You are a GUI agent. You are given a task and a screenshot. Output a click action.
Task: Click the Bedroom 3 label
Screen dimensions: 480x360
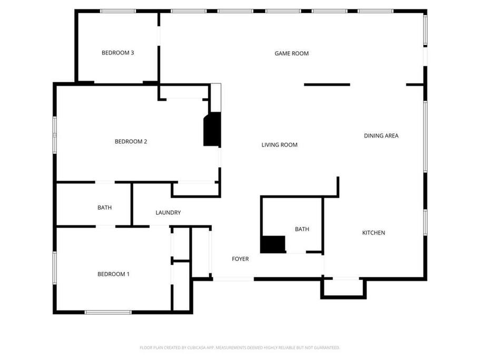tap(118, 53)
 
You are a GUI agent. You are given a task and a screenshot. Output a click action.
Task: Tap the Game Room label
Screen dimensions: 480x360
tap(291, 53)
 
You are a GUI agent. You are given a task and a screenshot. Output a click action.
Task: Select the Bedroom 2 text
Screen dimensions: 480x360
tap(131, 141)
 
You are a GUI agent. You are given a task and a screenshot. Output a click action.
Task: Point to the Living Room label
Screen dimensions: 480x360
tap(279, 145)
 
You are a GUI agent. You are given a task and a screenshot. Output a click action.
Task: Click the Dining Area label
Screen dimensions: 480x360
tap(381, 135)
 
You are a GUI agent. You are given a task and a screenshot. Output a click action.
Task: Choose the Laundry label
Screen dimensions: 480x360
tap(168, 212)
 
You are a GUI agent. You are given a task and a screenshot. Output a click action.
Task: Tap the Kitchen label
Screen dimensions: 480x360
tap(374, 232)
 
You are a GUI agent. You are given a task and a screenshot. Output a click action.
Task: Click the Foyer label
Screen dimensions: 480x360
tap(240, 259)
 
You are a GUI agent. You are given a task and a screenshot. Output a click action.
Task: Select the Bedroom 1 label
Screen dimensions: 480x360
tap(113, 274)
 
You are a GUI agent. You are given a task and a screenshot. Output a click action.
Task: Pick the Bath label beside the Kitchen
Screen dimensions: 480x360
tap(302, 229)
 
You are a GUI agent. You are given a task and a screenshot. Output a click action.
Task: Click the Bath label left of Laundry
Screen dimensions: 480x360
tap(104, 208)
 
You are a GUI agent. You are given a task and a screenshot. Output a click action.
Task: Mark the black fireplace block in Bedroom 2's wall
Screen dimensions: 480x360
tap(212, 129)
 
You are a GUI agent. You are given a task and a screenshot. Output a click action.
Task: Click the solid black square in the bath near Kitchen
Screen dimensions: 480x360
tap(273, 244)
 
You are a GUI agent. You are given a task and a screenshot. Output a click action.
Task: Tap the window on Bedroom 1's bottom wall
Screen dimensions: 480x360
tap(108, 312)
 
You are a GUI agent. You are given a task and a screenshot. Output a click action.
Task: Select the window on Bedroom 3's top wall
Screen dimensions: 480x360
tap(118, 11)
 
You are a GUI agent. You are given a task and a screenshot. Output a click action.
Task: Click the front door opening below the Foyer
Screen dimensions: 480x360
tap(233, 279)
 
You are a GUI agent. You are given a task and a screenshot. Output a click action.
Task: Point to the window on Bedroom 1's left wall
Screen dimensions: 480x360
tap(55, 268)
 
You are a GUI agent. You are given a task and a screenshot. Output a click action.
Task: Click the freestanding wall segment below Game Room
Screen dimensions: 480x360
tap(327, 84)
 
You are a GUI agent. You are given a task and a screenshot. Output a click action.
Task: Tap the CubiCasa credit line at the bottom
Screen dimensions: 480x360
tap(240, 347)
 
